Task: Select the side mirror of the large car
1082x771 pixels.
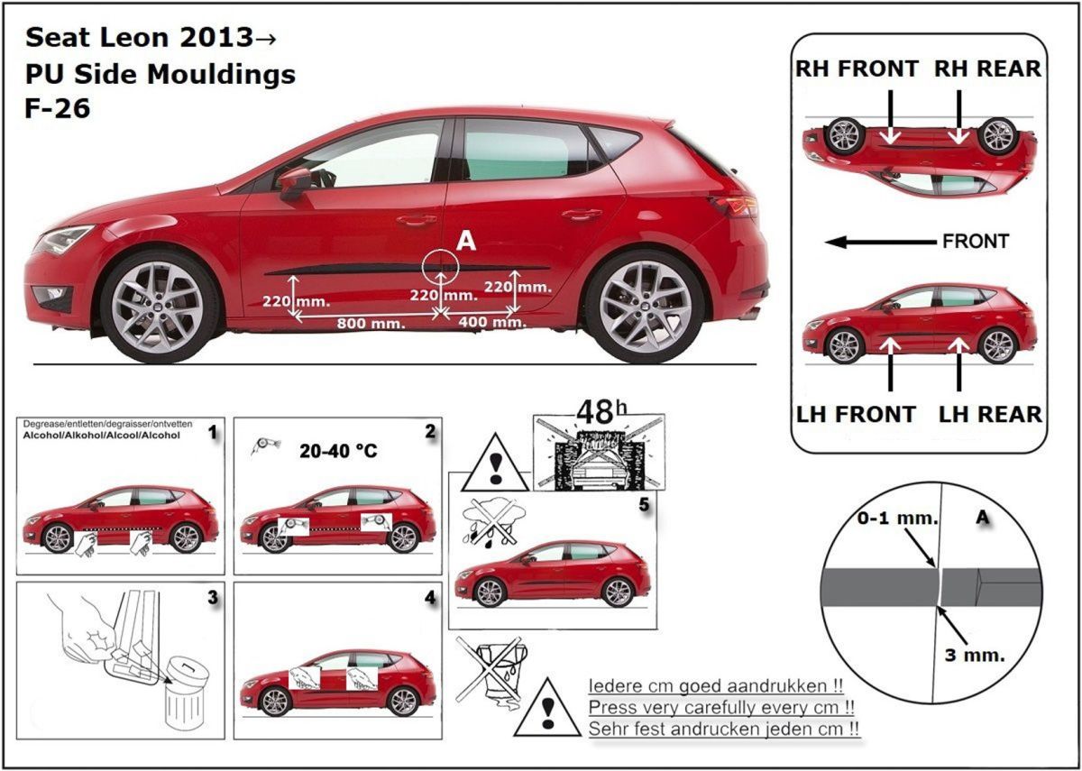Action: click(x=294, y=182)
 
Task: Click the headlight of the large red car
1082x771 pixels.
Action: click(x=64, y=240)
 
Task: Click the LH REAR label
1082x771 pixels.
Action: click(x=990, y=414)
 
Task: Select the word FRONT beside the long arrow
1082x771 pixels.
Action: click(x=975, y=242)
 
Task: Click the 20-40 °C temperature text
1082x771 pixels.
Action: click(x=338, y=451)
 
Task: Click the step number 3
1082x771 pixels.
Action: click(x=213, y=597)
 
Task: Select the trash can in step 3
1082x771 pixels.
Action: click(x=186, y=693)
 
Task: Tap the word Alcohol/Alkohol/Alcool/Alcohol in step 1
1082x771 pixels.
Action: click(x=102, y=435)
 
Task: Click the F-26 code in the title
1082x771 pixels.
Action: click(x=58, y=108)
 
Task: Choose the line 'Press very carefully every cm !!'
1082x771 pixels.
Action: click(x=720, y=707)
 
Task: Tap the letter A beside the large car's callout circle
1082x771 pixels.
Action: click(x=465, y=240)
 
